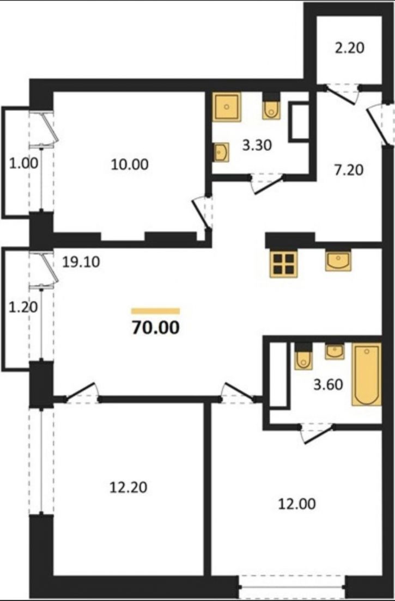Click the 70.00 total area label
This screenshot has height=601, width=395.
[x=156, y=328]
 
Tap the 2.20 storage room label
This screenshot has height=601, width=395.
[x=349, y=48]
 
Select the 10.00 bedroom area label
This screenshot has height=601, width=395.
[x=130, y=164]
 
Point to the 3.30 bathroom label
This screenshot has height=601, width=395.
[x=257, y=145]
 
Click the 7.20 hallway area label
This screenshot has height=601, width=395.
[x=349, y=170]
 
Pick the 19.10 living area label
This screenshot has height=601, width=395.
[x=81, y=262]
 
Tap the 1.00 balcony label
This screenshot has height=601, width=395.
[x=24, y=163]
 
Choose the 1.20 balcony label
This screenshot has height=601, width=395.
[x=23, y=307]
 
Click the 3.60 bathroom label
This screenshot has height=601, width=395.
[x=329, y=384]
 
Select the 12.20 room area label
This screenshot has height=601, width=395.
[x=129, y=488]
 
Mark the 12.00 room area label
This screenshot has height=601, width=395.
[x=297, y=504]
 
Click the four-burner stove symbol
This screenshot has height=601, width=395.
[x=284, y=263]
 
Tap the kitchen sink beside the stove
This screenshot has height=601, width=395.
[x=338, y=261]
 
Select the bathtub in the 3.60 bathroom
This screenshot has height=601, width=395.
[x=367, y=374]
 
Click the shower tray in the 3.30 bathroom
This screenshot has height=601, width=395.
[x=227, y=107]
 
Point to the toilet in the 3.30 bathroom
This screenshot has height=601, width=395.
[x=271, y=107]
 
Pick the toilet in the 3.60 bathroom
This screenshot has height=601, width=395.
[x=303, y=357]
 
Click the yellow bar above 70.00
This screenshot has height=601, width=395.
[x=156, y=311]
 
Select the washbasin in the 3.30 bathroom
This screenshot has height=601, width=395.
[x=221, y=152]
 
